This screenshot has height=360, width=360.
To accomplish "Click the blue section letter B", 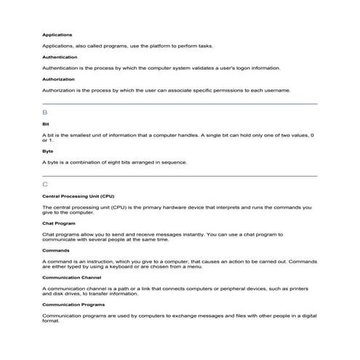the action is (x=45, y=113).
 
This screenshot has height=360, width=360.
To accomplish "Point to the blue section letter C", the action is (x=45, y=185).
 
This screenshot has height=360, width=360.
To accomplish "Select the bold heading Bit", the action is (x=45, y=124).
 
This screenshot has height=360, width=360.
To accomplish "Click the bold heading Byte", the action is (x=47, y=151).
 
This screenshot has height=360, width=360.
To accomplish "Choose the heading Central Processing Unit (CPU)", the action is (x=78, y=196).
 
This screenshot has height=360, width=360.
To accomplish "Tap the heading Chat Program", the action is (x=59, y=223).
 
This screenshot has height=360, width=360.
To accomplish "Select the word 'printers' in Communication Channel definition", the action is (x=298, y=289).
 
